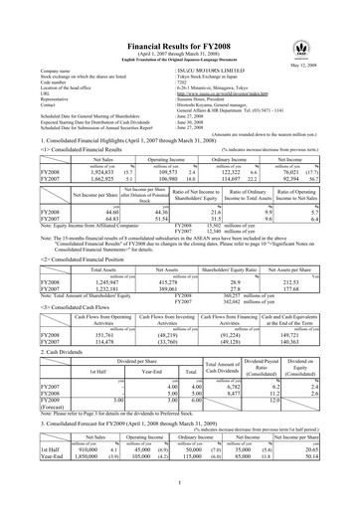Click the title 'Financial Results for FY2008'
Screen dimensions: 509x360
(180, 20)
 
